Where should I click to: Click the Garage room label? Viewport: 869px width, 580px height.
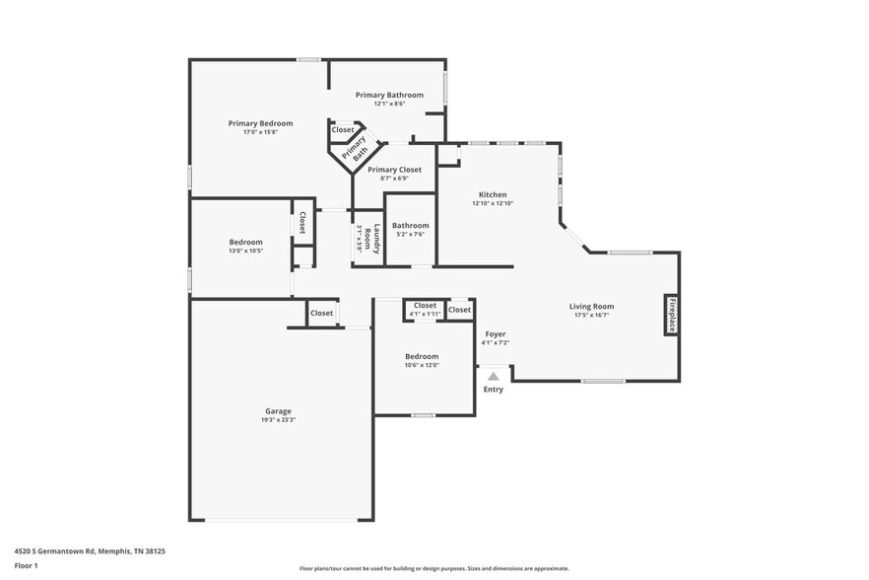(278, 411)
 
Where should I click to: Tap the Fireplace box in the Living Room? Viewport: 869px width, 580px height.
(671, 315)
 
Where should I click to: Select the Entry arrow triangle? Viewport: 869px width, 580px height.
(494, 375)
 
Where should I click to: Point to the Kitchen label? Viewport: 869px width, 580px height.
(493, 194)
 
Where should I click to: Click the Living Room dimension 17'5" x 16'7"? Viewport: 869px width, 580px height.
(591, 316)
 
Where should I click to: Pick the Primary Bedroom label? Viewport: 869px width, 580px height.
(260, 123)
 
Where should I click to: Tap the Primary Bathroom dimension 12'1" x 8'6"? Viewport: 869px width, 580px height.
(389, 104)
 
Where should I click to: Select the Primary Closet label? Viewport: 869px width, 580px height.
(394, 170)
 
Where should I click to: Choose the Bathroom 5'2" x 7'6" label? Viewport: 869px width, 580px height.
(411, 225)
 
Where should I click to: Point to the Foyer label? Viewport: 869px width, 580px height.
(495, 334)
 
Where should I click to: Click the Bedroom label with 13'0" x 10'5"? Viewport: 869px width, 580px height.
(245, 242)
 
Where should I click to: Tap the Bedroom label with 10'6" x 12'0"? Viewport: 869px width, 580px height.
(421, 356)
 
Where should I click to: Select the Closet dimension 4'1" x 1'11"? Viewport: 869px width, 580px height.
(425, 314)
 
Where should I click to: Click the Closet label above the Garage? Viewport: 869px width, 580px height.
(321, 313)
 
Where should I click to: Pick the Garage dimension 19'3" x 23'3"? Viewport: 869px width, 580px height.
(278, 420)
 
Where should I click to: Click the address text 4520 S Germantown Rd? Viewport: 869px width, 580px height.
(90, 551)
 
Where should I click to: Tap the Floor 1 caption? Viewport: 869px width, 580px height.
(27, 565)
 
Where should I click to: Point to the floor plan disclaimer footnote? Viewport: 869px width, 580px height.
(434, 568)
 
